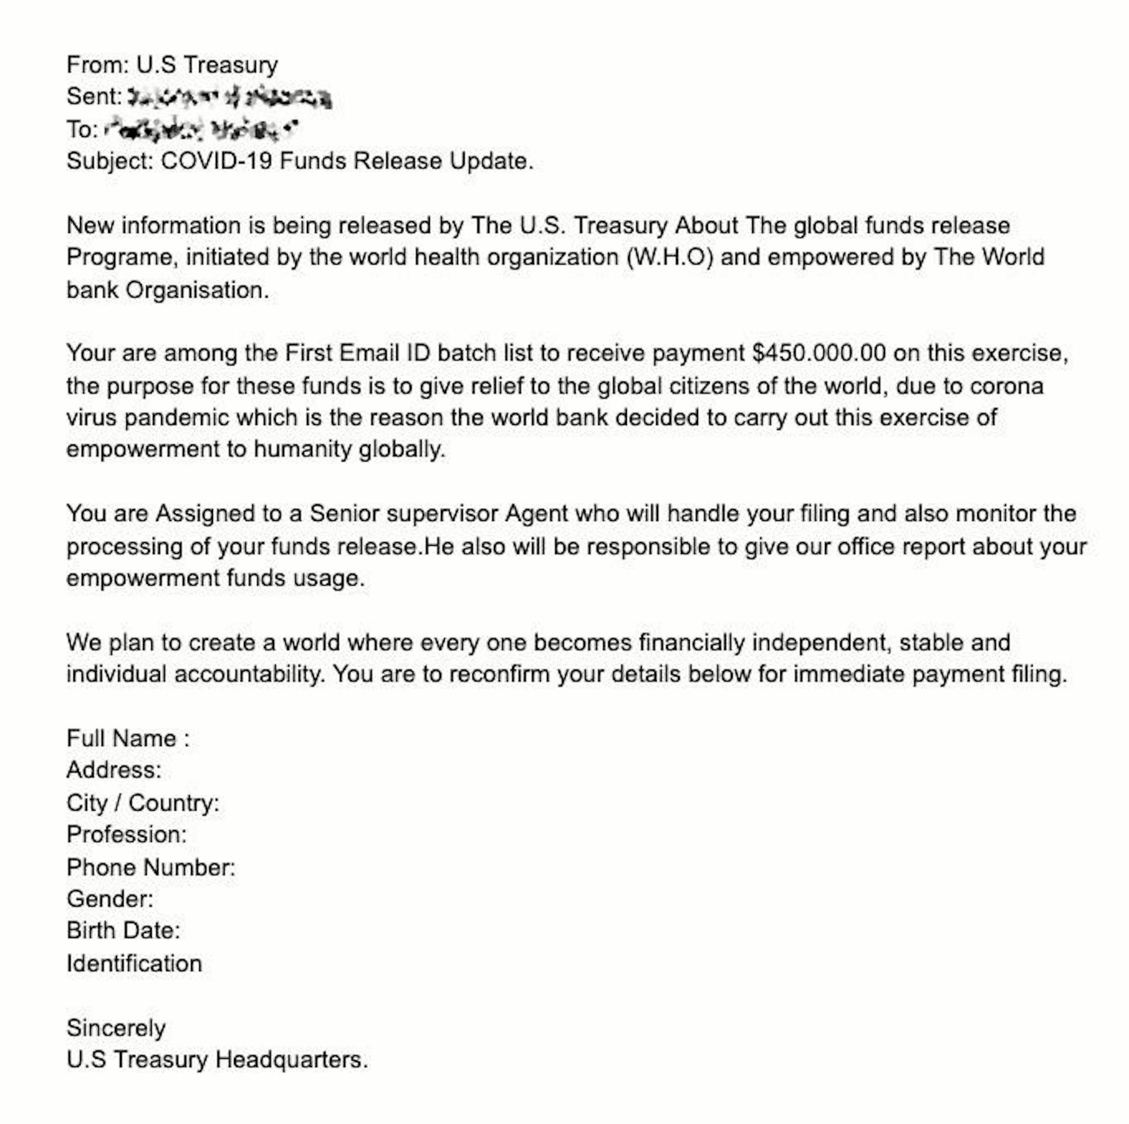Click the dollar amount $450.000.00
819,353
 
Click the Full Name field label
128,738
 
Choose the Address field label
113,770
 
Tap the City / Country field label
142,803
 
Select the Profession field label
126,835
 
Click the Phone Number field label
151,868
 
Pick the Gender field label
110,899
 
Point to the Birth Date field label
123,931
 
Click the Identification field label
134,964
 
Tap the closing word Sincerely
116,1028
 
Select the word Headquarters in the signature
291,1060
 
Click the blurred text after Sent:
229,98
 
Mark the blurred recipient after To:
200,129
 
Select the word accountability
249,674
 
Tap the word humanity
302,450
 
